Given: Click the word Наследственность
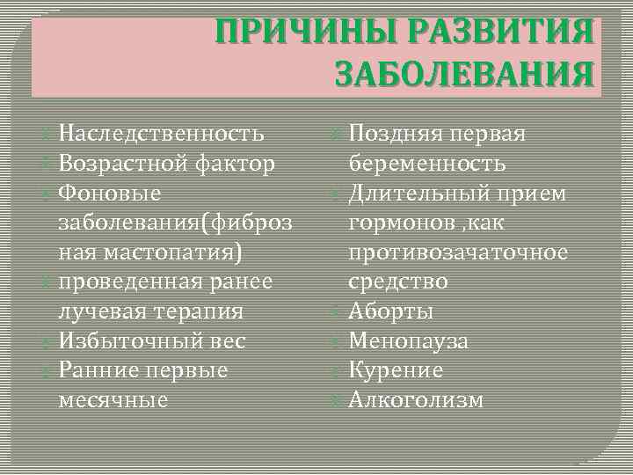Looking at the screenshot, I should tap(161, 134).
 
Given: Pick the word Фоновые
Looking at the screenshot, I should tap(109, 193).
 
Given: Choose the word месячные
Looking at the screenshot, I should tap(113, 400).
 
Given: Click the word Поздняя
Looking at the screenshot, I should tap(394, 134).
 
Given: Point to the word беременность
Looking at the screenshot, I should tap(427, 164).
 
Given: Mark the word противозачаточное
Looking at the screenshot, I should tap(458, 252).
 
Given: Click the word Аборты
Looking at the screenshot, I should tap(391, 311).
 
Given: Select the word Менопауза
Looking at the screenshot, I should tap(409, 340).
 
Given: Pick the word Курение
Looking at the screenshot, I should tap(396, 370).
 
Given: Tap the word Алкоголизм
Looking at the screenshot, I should tap(416, 400).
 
